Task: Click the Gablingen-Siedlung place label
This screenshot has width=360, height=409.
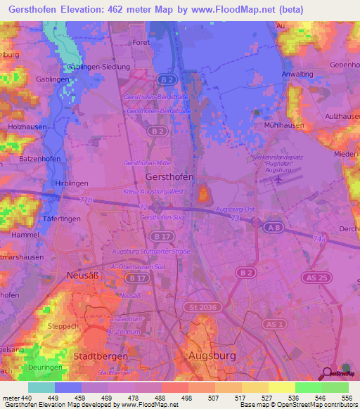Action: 99,67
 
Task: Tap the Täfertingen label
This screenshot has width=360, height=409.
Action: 63,219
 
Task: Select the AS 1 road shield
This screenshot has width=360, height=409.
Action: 274,323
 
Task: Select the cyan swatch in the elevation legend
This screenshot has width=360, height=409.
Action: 41,387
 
